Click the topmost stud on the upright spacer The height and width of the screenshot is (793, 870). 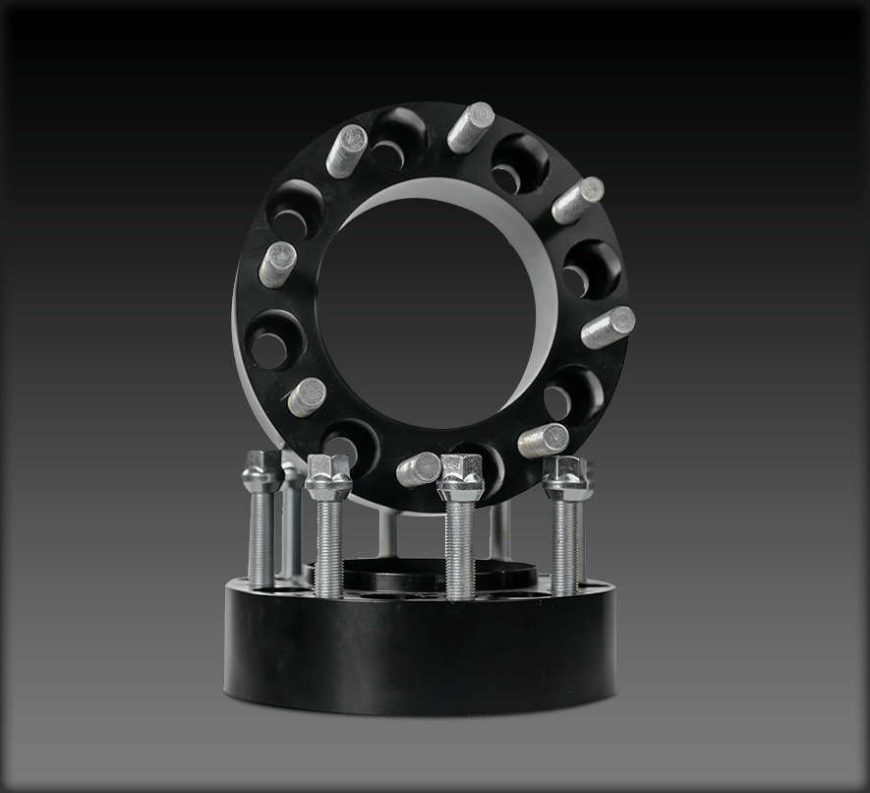click(x=471, y=127)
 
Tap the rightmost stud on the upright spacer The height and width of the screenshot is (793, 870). click(x=608, y=328)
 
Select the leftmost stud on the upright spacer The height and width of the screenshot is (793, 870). click(x=277, y=264)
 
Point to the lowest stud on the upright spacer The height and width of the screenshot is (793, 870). click(x=419, y=469)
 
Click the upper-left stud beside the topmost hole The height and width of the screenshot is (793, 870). click(x=346, y=151)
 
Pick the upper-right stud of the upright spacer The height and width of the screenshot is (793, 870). click(x=577, y=200)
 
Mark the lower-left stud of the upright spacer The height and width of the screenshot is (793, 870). click(x=307, y=396)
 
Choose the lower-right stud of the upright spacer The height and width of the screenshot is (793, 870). click(x=544, y=440)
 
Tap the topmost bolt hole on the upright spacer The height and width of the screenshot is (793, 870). click(x=398, y=139)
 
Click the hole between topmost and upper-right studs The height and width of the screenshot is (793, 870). click(x=519, y=162)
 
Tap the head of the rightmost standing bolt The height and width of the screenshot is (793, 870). click(x=567, y=477)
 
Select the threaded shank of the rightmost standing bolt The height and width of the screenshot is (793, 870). click(x=565, y=546)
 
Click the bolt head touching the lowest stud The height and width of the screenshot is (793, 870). click(x=460, y=477)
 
